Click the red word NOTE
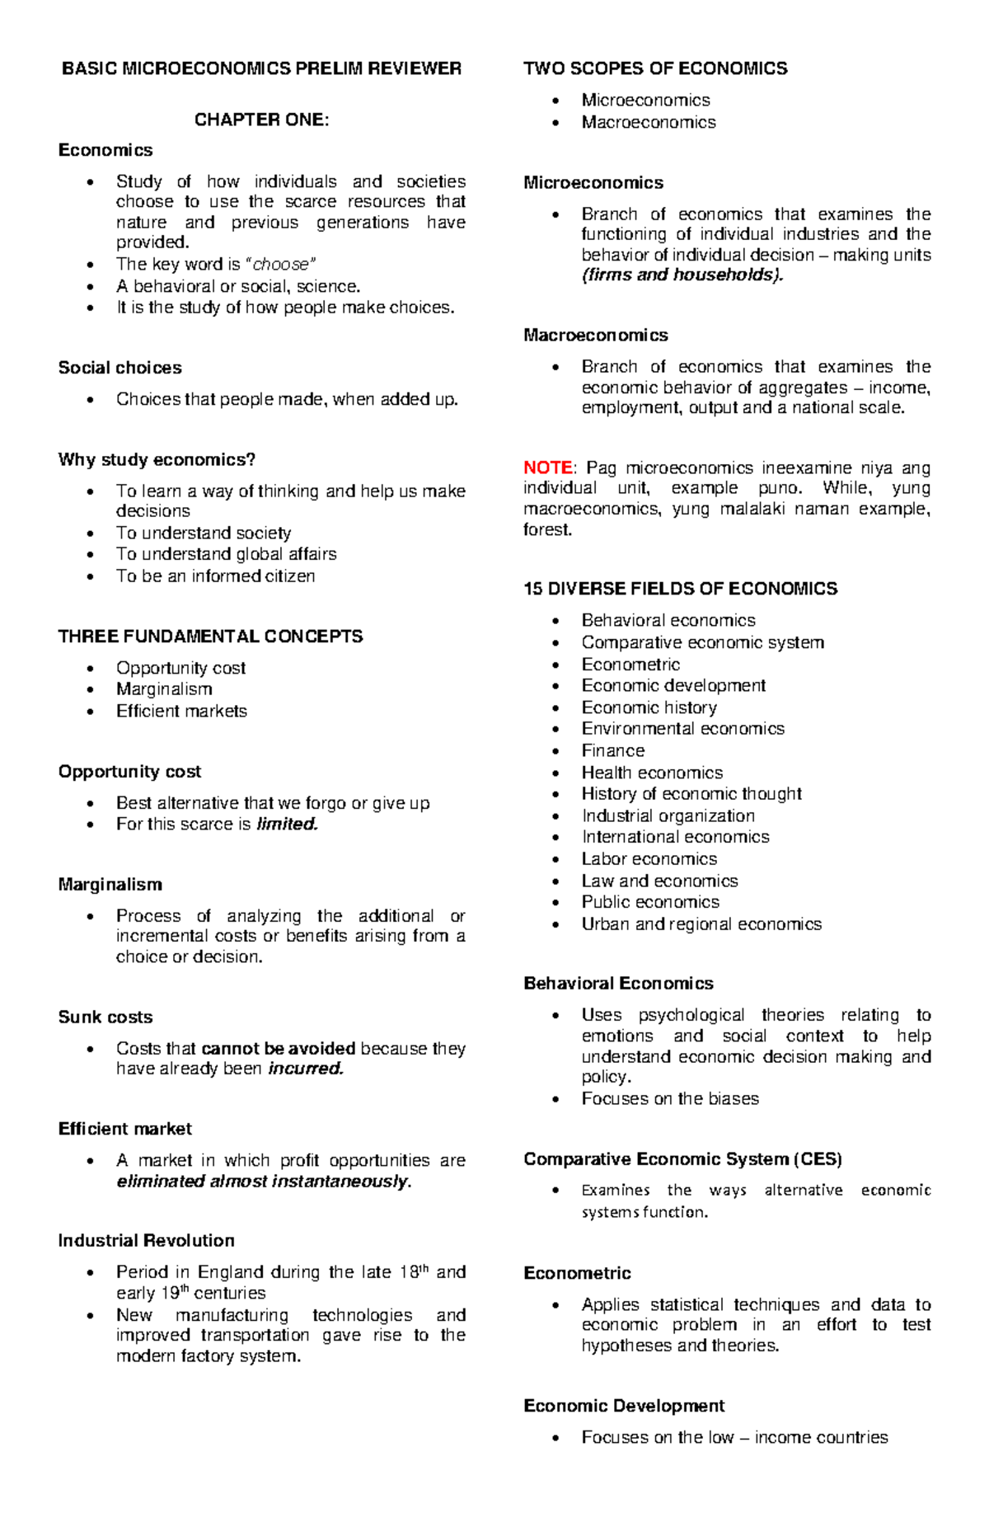547,468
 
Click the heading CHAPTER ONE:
261,120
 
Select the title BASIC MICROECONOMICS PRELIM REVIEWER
261,68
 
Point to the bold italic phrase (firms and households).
682,275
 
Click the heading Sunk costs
105,1017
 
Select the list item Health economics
652,773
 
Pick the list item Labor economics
649,858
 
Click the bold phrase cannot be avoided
279,1048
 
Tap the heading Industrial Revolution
146,1240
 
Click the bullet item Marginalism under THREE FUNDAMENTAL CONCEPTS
164,689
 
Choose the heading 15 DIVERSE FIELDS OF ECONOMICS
680,589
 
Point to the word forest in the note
546,529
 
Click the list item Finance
612,750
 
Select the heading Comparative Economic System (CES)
682,1159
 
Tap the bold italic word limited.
287,824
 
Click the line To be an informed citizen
215,576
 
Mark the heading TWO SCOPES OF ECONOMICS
655,68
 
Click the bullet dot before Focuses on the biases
558,1099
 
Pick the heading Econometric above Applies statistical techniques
577,1273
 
